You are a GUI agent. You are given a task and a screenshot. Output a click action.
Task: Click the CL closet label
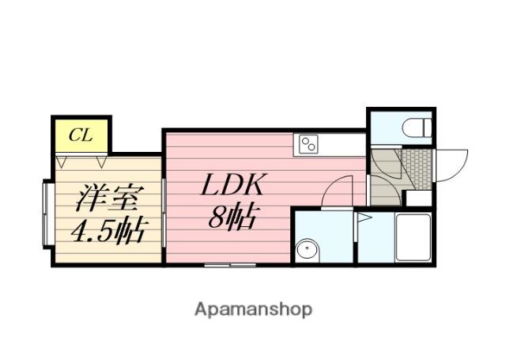81,135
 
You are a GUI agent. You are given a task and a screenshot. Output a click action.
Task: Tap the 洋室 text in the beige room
106,198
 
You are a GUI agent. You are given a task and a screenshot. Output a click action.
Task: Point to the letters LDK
233,184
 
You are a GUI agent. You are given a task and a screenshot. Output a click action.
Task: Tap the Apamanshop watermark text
253,310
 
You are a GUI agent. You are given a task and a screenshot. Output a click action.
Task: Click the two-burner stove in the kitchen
308,144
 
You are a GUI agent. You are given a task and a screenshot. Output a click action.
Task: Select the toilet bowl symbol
417,127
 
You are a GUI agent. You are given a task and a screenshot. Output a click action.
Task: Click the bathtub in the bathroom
413,237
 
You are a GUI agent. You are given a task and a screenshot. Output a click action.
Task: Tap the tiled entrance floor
417,169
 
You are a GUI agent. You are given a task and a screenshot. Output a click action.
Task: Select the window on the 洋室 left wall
47,214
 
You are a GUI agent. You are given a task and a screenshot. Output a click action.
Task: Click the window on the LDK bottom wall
230,265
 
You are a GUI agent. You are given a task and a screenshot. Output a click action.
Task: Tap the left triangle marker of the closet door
62,162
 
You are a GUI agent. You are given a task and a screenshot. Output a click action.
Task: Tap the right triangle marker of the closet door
101,162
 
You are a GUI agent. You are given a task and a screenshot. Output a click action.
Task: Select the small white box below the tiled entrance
418,198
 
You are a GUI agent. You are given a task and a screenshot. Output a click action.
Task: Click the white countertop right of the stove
342,145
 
